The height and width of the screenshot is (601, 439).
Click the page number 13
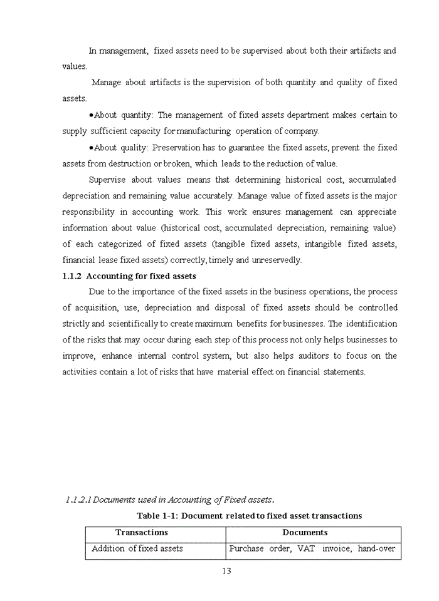[226, 570]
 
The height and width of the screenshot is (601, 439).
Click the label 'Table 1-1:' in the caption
[157, 516]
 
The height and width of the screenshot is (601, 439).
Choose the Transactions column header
[142, 533]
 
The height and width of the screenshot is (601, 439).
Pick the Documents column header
[305, 533]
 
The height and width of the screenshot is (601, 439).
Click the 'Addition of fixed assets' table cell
[137, 548]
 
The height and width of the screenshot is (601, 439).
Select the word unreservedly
[276, 260]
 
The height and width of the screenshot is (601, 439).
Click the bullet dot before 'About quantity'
[91, 115]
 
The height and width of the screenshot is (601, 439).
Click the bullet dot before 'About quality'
[91, 148]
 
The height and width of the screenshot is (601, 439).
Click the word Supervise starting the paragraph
[108, 180]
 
